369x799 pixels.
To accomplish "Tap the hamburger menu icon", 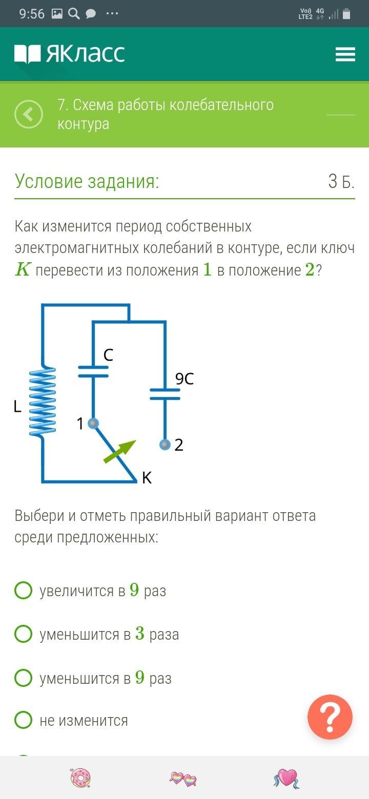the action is coord(345,54).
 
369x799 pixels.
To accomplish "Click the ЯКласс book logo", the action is coord(28,54).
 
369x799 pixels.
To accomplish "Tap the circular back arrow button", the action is coord(29,114).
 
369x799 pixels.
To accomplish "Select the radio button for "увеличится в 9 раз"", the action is coord(23,591).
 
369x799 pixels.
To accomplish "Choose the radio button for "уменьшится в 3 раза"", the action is coord(23,634).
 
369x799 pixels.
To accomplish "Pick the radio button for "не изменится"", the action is coord(23,720).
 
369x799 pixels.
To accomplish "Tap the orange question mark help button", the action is coord(330,717).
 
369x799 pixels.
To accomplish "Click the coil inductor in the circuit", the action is coord(42,401).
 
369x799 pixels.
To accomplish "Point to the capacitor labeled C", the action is coord(93,371).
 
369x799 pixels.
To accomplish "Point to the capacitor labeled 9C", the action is coord(165,394).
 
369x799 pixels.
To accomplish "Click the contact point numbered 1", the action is coord(93,424).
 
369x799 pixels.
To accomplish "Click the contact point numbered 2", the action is coord(165,445).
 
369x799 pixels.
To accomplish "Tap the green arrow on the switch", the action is coord(120,452).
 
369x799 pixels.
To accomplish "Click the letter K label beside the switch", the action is coord(147,478).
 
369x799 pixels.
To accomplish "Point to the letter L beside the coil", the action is coord(17,406).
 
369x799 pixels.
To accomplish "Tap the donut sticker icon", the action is coord(81,778).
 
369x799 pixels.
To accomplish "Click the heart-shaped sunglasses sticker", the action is coord(183,779).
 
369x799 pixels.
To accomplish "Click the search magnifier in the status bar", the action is coord(73,14).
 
